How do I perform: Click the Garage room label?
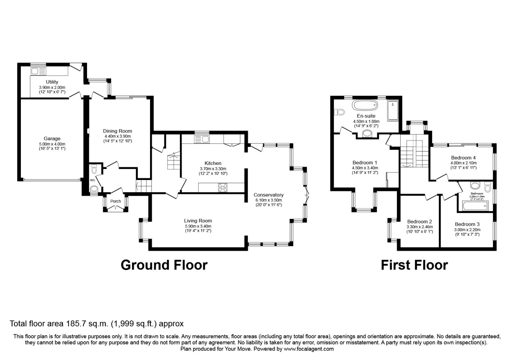[52, 139]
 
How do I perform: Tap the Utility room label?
[52, 82]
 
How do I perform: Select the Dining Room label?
[118, 131]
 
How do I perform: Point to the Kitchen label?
[213, 163]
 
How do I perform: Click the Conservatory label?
[269, 195]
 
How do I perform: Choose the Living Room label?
[198, 221]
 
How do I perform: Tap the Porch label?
[115, 201]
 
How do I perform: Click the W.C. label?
[93, 180]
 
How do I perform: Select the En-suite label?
[366, 116]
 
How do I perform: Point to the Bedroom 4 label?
[463, 158]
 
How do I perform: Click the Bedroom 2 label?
[420, 221]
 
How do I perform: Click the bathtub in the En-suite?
[365, 105]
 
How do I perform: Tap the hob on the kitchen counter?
[223, 187]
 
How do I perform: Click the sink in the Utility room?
[38, 71]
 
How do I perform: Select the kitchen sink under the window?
[202, 139]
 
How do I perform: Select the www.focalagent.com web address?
[309, 349]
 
